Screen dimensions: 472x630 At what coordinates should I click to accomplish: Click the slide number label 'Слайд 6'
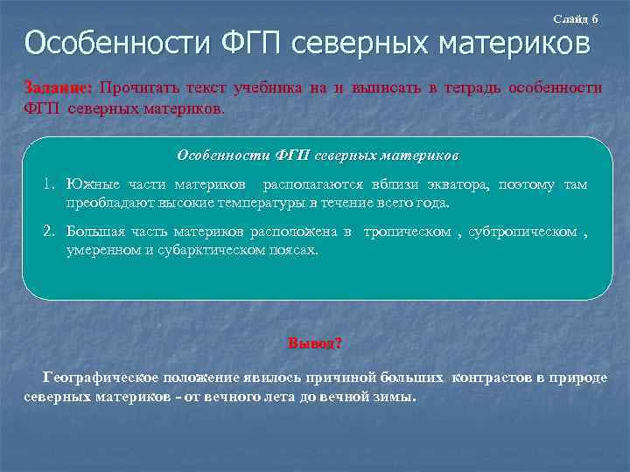[576, 18]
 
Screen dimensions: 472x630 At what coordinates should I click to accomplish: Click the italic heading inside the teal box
[318, 155]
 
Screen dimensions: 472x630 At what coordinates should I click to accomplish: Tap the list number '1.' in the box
[50, 185]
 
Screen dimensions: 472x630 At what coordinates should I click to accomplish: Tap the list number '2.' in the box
[50, 233]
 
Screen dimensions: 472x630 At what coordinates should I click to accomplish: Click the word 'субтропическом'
[522, 233]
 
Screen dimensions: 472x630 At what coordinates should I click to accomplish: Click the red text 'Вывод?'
[315, 343]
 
